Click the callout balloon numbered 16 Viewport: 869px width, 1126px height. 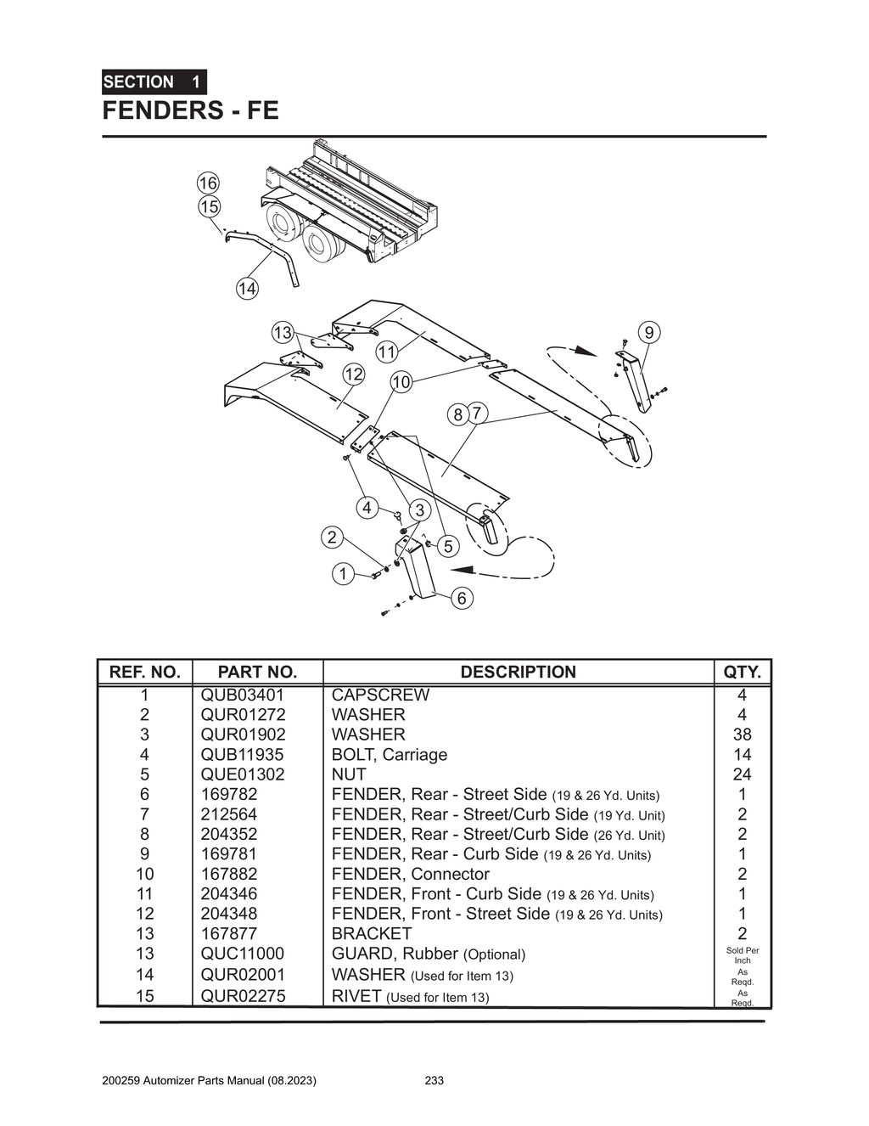pyautogui.click(x=208, y=183)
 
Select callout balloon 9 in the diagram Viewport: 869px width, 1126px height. pyautogui.click(x=649, y=333)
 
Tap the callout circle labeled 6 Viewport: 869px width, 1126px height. pyautogui.click(x=462, y=598)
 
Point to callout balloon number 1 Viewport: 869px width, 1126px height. pyautogui.click(x=343, y=574)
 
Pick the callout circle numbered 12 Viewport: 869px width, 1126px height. pyautogui.click(x=353, y=374)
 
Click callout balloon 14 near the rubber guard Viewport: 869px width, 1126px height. pyautogui.click(x=247, y=289)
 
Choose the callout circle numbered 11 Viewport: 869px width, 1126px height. pyautogui.click(x=387, y=352)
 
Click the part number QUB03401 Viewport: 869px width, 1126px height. pyautogui.click(x=242, y=695)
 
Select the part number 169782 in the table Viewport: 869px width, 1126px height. pyautogui.click(x=228, y=794)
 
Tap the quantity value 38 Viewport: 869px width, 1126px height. pyautogui.click(x=742, y=735)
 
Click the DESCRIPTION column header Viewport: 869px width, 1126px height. pyautogui.click(x=518, y=672)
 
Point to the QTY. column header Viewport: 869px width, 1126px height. pyautogui.click(x=742, y=672)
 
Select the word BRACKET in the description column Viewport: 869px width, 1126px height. pyautogui.click(x=371, y=933)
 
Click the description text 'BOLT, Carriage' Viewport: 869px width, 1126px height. pyautogui.click(x=389, y=755)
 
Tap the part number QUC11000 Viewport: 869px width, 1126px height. pyautogui.click(x=242, y=954)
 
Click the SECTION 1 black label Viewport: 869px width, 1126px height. pyautogui.click(x=154, y=82)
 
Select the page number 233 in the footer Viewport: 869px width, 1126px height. pyautogui.click(x=434, y=1080)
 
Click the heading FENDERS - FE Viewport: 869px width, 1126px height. pyautogui.click(x=190, y=110)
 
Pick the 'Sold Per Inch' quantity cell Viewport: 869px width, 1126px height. pyautogui.click(x=742, y=955)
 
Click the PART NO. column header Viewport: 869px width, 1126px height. pyautogui.click(x=257, y=672)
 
